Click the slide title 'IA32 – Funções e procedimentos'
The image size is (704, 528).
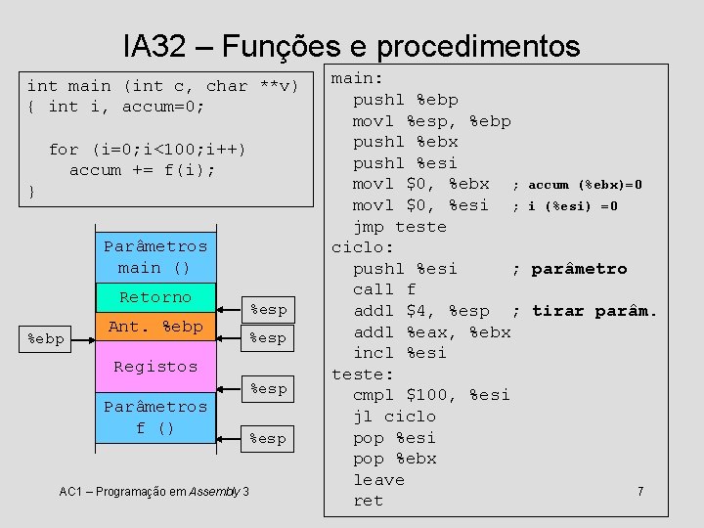coord(351,45)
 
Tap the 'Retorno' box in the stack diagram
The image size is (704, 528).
coord(155,297)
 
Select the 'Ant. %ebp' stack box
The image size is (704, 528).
coord(155,327)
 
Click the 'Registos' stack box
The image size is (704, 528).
coord(155,367)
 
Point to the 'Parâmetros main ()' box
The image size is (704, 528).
coord(155,256)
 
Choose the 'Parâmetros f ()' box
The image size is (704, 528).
coord(155,417)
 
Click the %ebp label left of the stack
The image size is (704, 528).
coord(46,338)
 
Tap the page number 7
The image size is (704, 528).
coord(640,490)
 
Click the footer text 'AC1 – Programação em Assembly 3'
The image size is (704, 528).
coord(154,490)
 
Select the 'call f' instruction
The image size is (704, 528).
coord(384,289)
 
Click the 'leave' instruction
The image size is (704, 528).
coord(378,480)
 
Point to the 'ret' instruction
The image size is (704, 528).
coord(369,501)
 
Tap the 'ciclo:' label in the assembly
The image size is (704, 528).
coord(363,247)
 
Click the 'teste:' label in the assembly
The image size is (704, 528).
coord(363,374)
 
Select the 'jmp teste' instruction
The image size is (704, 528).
coord(399,227)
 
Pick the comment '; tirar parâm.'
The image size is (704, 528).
coord(584,311)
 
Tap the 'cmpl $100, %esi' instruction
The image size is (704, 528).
coord(431,395)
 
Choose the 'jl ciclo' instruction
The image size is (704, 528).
coord(394,417)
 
